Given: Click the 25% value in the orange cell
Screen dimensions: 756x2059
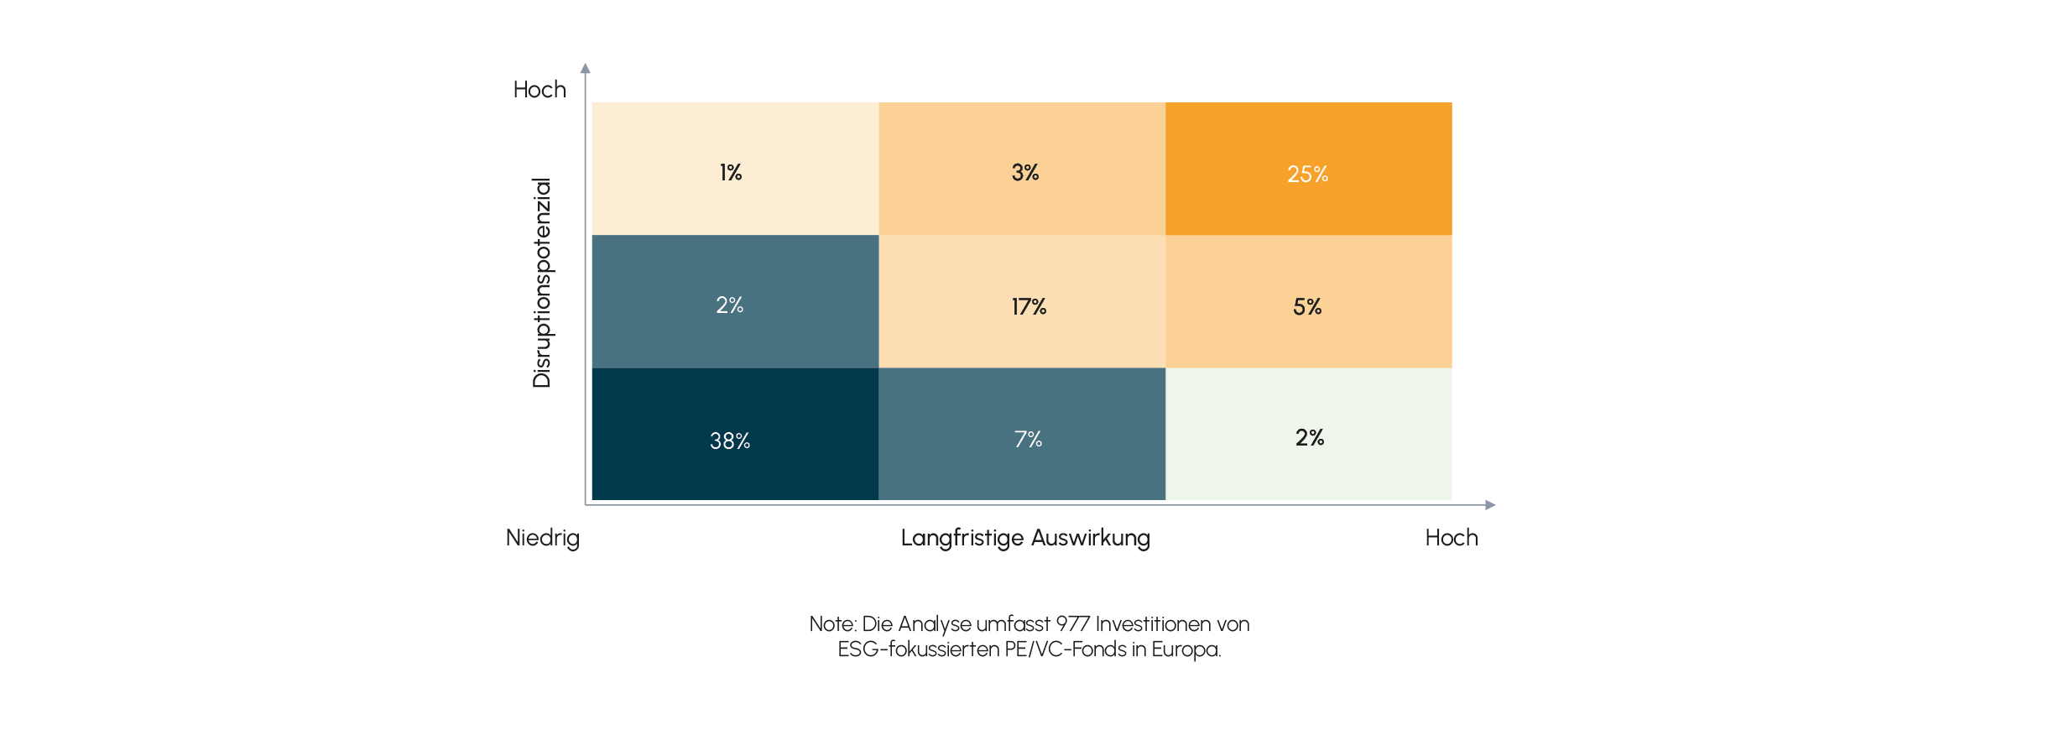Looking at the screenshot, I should [x=1307, y=175].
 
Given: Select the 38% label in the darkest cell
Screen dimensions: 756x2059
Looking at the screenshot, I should [x=730, y=441].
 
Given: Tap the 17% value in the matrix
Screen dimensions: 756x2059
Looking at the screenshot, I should [x=1029, y=307].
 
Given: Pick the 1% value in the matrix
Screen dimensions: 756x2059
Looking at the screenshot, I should [x=731, y=173].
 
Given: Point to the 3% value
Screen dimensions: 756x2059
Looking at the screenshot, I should [x=1025, y=173].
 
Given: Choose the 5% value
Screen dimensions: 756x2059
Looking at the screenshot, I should [x=1307, y=307].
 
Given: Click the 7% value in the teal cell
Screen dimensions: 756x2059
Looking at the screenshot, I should [x=1028, y=440].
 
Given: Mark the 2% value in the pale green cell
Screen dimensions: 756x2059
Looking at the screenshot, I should [x=1310, y=438].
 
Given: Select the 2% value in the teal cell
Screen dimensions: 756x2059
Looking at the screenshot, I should [x=730, y=305].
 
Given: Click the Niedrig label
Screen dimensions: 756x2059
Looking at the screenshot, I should [x=542, y=538].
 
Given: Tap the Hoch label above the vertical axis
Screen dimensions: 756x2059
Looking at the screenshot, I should [x=540, y=90].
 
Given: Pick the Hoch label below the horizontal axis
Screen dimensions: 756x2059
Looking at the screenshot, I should [x=1452, y=538].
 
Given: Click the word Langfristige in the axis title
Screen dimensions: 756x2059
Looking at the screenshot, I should [x=962, y=538].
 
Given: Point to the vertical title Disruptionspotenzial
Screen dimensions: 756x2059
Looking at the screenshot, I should [x=542, y=283].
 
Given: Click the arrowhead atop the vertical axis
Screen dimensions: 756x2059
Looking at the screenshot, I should [x=586, y=68].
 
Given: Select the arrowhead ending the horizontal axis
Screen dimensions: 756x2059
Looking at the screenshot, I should [x=1490, y=505].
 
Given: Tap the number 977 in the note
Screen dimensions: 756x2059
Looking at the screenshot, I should [x=1073, y=624].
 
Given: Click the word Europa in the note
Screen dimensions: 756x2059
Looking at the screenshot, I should [x=1186, y=649].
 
